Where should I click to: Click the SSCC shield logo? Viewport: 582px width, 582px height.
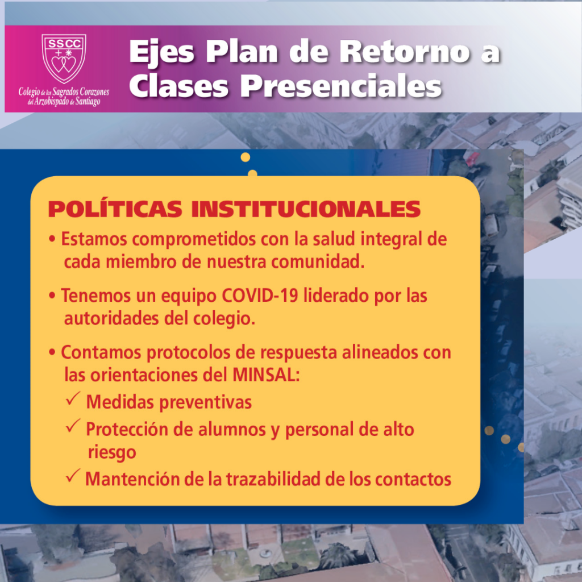pos(64,59)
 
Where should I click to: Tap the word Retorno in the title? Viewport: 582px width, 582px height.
pos(405,52)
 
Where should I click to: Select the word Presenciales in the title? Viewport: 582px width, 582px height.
pos(341,86)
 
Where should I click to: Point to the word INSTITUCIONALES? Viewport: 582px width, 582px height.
pos(306,209)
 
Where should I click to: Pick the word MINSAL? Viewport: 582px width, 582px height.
pos(266,375)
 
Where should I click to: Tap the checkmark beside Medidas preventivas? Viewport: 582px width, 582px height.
pos(73,398)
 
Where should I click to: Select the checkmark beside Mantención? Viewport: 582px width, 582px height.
pos(73,476)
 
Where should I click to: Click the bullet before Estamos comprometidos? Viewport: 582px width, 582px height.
pos(52,240)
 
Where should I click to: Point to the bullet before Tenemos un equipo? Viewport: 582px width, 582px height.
pos(52,296)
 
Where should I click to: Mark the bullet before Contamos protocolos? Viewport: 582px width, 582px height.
pos(52,352)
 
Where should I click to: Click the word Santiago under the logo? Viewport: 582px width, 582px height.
pos(88,101)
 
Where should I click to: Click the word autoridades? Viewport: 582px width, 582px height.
pos(112,319)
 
